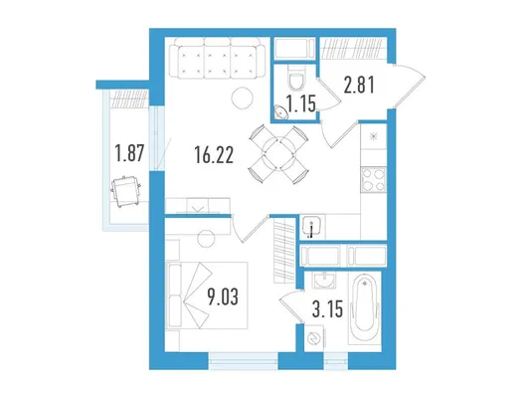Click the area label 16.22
pos(214,155)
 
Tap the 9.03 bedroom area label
pos(223,298)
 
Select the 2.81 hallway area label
pos(359,85)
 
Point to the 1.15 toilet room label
pos(301,103)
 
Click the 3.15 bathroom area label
pos(327,309)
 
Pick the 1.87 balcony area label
pos(129,153)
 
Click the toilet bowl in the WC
pos(297,78)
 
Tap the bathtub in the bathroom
pos(364,307)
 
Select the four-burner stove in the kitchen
pos(374,180)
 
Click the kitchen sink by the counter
pos(312,227)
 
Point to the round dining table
pos(279,154)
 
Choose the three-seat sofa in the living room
pos(220,59)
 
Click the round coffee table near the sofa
pos(243,99)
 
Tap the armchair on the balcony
pos(126,191)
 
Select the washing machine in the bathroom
pos(314,338)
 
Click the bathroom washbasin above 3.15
pos(324,281)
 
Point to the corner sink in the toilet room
pos(280,112)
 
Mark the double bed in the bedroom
pos(207,296)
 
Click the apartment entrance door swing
pos(411,86)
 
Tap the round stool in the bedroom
pos(207,239)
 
